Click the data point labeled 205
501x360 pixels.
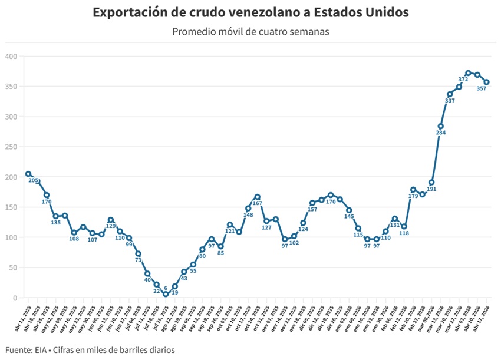[28, 174]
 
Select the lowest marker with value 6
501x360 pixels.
[166, 294]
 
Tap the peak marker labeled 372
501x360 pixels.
[468, 73]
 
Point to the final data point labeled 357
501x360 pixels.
[487, 82]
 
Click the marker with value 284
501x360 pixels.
[440, 126]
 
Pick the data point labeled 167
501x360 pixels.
[258, 197]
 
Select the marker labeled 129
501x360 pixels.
[111, 220]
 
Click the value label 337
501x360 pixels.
[450, 101]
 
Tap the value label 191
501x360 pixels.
[431, 189]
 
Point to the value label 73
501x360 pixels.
[138, 260]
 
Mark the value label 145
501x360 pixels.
[349, 217]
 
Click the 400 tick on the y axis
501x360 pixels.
[11, 57]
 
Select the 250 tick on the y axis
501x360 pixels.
[11, 147]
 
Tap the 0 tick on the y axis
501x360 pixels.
[15, 298]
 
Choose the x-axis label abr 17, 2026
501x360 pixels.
[483, 316]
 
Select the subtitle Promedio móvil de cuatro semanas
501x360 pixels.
[250, 31]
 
